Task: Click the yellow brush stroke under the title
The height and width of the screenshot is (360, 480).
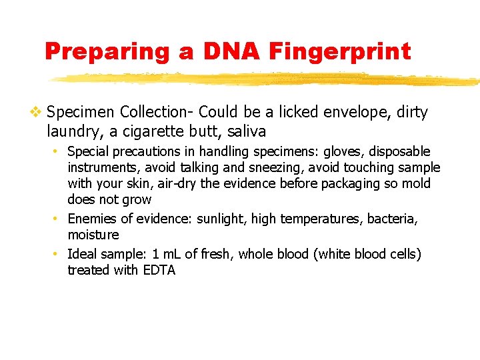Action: click(x=267, y=79)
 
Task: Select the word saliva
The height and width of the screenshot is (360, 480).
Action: click(x=245, y=131)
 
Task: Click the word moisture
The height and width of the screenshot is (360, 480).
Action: click(x=93, y=235)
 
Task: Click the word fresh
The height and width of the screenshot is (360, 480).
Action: click(x=217, y=254)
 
